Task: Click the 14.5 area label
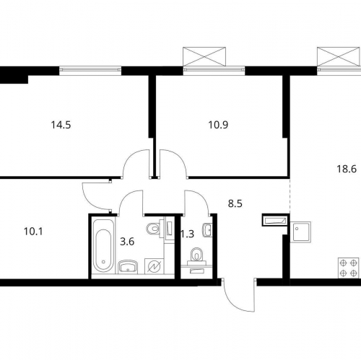click(x=61, y=125)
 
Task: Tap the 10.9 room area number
click(x=218, y=125)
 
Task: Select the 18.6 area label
click(x=347, y=169)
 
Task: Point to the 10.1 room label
click(x=33, y=232)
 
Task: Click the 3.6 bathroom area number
click(x=127, y=242)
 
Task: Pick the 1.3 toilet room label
click(x=187, y=234)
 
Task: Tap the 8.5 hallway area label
click(x=235, y=203)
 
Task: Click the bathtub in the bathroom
click(x=103, y=245)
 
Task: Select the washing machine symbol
click(x=154, y=266)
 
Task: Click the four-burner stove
click(x=348, y=268)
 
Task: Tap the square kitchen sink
click(x=300, y=232)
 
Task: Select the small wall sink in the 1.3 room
click(x=207, y=230)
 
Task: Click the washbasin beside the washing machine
click(x=128, y=267)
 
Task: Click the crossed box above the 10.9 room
click(x=204, y=56)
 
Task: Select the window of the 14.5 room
click(x=90, y=70)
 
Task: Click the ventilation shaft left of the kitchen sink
click(x=275, y=220)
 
